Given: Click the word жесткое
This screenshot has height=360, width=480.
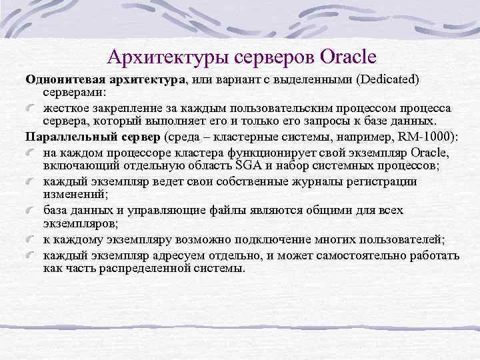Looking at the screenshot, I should tap(65, 109).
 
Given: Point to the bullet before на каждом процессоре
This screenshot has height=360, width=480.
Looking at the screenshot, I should tap(32, 153).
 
